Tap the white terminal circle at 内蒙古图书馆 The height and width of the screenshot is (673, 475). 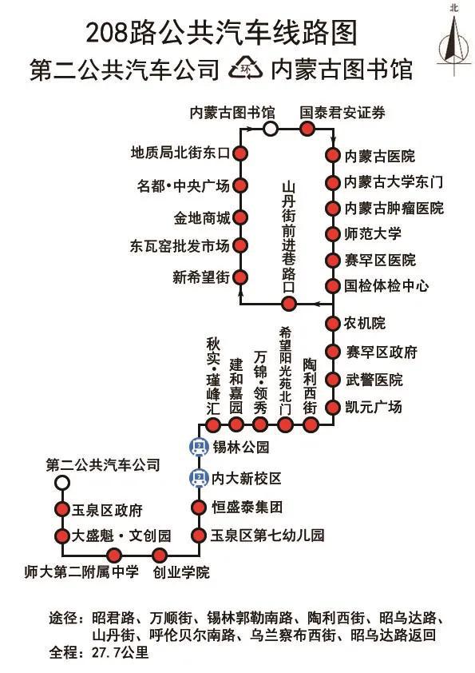(x=270, y=129)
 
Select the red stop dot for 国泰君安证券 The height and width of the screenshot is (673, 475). (x=307, y=129)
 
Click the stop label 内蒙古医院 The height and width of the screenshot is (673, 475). (x=380, y=156)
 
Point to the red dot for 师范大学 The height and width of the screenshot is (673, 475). (x=332, y=234)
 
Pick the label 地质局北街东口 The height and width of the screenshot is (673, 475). (x=180, y=153)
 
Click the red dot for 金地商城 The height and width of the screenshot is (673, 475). (x=240, y=217)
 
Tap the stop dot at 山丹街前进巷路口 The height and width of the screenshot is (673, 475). (x=288, y=304)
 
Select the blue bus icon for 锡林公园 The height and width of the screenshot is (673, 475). (x=199, y=447)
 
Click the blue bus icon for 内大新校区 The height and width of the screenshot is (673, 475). (x=199, y=478)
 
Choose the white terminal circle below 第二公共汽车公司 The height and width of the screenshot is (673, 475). (x=62, y=483)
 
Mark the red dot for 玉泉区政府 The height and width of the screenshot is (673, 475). (x=62, y=509)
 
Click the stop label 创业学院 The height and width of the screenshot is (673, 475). (x=181, y=572)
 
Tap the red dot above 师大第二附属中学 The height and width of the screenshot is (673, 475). (x=114, y=556)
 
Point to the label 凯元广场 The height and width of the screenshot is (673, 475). (x=374, y=407)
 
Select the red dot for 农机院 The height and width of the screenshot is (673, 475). (x=332, y=324)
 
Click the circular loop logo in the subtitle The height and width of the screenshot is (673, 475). (x=245, y=69)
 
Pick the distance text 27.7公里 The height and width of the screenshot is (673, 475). (x=120, y=653)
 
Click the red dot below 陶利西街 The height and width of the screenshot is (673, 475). (x=311, y=425)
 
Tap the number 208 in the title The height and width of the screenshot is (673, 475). (x=107, y=33)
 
